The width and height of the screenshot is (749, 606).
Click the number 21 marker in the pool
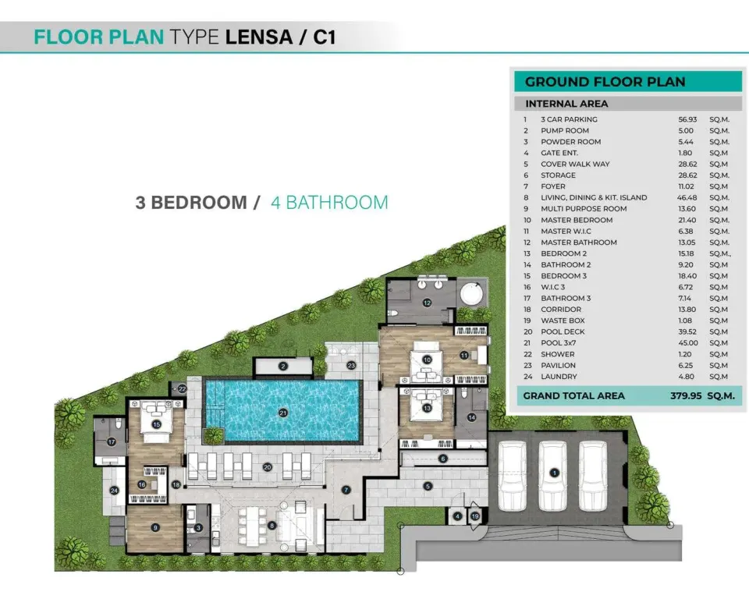(x=283, y=413)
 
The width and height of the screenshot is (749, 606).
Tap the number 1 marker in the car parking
(x=554, y=473)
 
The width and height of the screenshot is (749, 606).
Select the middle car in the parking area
(x=552, y=476)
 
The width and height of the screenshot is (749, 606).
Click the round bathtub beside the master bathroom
(x=473, y=295)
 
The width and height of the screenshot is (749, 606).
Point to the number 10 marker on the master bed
(x=427, y=360)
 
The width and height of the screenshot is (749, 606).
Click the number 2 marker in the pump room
(x=283, y=367)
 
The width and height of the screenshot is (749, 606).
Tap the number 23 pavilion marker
(x=351, y=365)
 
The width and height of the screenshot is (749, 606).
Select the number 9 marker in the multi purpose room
(x=155, y=528)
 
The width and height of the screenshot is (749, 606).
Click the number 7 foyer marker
(x=346, y=490)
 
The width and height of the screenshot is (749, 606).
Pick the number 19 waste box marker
(x=475, y=516)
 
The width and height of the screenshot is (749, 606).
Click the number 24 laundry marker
(x=114, y=491)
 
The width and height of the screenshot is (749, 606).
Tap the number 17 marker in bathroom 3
(x=112, y=442)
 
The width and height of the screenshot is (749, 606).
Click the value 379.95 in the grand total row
(x=686, y=396)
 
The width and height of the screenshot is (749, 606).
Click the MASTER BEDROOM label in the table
(x=577, y=220)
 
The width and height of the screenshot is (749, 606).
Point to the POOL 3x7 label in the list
(x=559, y=343)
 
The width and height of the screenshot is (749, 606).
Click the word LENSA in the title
(x=258, y=37)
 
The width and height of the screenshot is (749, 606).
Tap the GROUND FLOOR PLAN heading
(x=605, y=82)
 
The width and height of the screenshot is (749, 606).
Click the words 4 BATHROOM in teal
(x=329, y=203)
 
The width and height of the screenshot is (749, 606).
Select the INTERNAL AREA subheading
(x=566, y=104)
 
